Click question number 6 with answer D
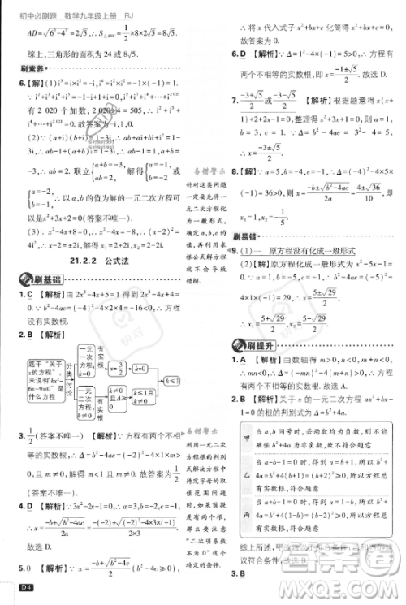tap(235, 54)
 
